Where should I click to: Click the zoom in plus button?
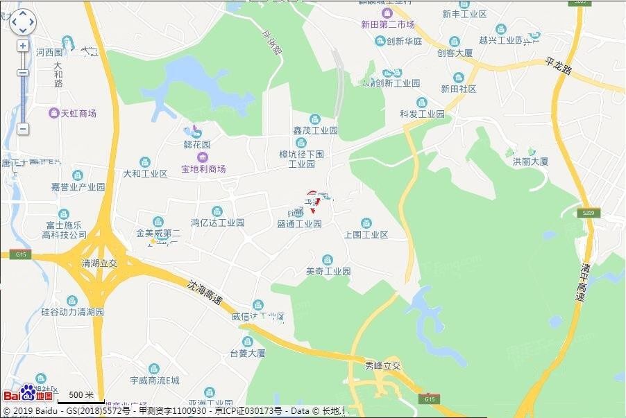23,46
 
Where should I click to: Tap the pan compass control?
23,21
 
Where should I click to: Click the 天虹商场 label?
78,114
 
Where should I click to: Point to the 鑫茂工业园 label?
315,130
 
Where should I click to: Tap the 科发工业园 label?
422,114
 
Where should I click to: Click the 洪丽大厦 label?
530,161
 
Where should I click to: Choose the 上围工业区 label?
366,234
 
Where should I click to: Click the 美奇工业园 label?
328,271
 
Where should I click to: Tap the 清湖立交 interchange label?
100,264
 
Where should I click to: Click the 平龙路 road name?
558,67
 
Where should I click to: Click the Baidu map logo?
28,393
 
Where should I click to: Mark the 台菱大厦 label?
248,354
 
